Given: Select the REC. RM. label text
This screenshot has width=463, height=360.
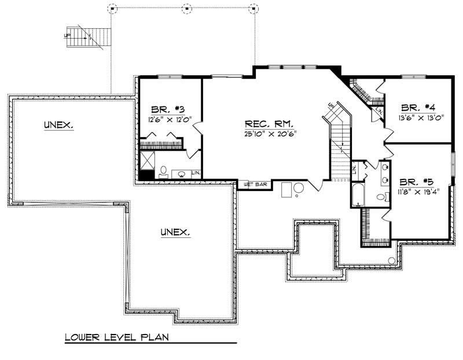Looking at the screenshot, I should (269, 124).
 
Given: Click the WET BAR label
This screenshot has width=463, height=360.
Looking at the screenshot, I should (255, 185).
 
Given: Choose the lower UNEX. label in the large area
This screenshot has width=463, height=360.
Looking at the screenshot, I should (175, 232).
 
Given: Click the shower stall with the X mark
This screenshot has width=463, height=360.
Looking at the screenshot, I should (148, 160).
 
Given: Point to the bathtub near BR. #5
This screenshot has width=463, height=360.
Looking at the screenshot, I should (357, 194).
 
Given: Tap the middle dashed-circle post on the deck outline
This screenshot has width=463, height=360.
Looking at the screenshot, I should (186, 8).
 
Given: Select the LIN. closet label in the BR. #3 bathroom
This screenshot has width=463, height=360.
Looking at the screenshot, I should (196, 172).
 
